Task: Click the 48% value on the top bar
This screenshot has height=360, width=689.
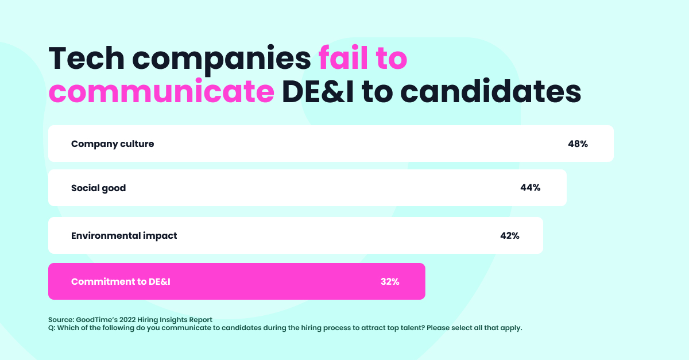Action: pyautogui.click(x=578, y=144)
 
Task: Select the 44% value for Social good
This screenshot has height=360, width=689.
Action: pyautogui.click(x=530, y=188)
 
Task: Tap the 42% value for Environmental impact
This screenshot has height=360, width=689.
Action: pyautogui.click(x=509, y=235)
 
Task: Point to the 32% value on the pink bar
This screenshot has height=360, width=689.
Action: pyautogui.click(x=389, y=281)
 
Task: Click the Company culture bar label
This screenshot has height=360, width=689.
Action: pyautogui.click(x=113, y=144)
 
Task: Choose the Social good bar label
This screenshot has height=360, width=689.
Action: pyautogui.click(x=98, y=188)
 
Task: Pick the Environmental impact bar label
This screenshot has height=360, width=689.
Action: pyautogui.click(x=124, y=235)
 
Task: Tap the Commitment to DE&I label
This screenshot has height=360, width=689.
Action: pyautogui.click(x=121, y=281)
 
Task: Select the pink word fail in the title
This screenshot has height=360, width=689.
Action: pyautogui.click(x=344, y=59)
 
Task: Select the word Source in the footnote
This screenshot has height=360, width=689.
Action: pyautogui.click(x=61, y=320)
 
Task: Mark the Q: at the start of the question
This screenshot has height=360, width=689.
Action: pyautogui.click(x=52, y=328)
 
